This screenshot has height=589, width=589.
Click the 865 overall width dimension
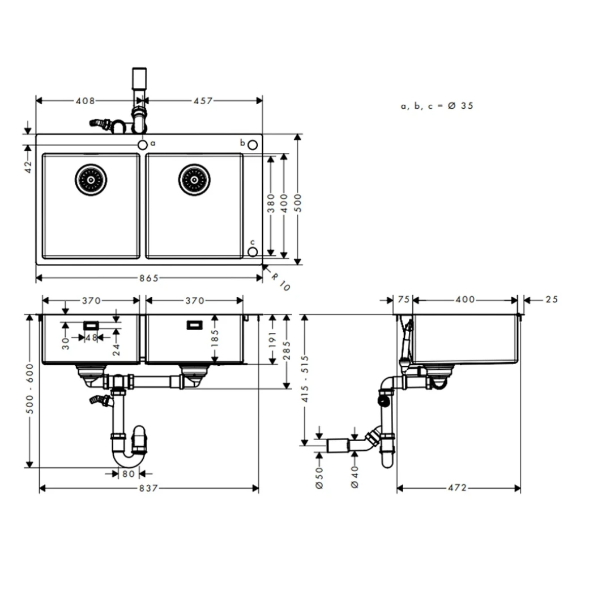(x=149, y=278)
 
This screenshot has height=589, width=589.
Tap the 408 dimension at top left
(x=85, y=101)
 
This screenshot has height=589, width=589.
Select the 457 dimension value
(x=202, y=101)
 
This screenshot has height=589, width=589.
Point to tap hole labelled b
(x=253, y=144)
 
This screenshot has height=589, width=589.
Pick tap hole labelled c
(x=253, y=250)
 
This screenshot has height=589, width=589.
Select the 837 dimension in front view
(x=148, y=488)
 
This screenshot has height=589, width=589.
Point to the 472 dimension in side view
(x=457, y=488)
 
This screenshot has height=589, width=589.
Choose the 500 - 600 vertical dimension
(x=29, y=389)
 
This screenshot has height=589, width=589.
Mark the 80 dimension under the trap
(x=128, y=473)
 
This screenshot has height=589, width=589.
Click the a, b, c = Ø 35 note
(x=437, y=106)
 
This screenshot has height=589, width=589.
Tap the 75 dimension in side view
(x=403, y=300)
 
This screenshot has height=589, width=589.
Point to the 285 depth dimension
(x=287, y=344)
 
